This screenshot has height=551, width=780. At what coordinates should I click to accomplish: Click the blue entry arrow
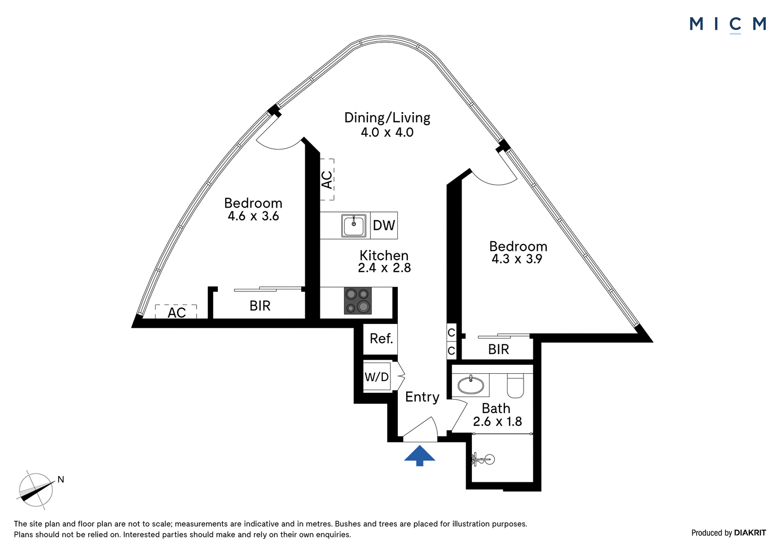click(420, 456)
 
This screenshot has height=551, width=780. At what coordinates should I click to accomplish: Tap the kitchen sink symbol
click(354, 225)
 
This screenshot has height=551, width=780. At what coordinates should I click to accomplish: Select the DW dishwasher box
click(384, 225)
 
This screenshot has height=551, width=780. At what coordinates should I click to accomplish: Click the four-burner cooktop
click(358, 301)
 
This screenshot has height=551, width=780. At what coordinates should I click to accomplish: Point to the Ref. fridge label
click(381, 338)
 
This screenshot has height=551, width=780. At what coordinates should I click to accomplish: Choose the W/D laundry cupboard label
click(376, 377)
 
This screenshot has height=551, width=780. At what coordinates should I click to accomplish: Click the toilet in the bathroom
click(515, 386)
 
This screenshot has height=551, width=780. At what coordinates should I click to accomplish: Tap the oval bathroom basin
click(471, 385)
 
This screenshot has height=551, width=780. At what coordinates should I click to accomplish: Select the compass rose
click(36, 490)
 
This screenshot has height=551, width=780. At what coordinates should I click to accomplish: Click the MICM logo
click(728, 25)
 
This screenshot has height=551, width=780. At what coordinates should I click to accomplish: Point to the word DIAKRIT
click(750, 533)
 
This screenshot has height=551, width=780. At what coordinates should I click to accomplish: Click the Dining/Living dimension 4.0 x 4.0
click(387, 133)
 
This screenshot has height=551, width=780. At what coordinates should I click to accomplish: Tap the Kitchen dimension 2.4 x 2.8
click(385, 267)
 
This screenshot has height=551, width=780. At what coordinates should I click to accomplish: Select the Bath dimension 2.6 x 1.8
click(497, 421)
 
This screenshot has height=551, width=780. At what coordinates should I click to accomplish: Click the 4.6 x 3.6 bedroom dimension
click(253, 216)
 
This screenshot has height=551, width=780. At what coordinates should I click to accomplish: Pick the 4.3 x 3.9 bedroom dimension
click(517, 259)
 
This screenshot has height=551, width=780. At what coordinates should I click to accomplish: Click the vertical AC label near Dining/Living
click(327, 180)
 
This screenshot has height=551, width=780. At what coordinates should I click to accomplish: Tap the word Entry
click(422, 397)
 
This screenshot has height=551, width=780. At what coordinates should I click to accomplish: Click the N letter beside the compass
click(61, 479)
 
